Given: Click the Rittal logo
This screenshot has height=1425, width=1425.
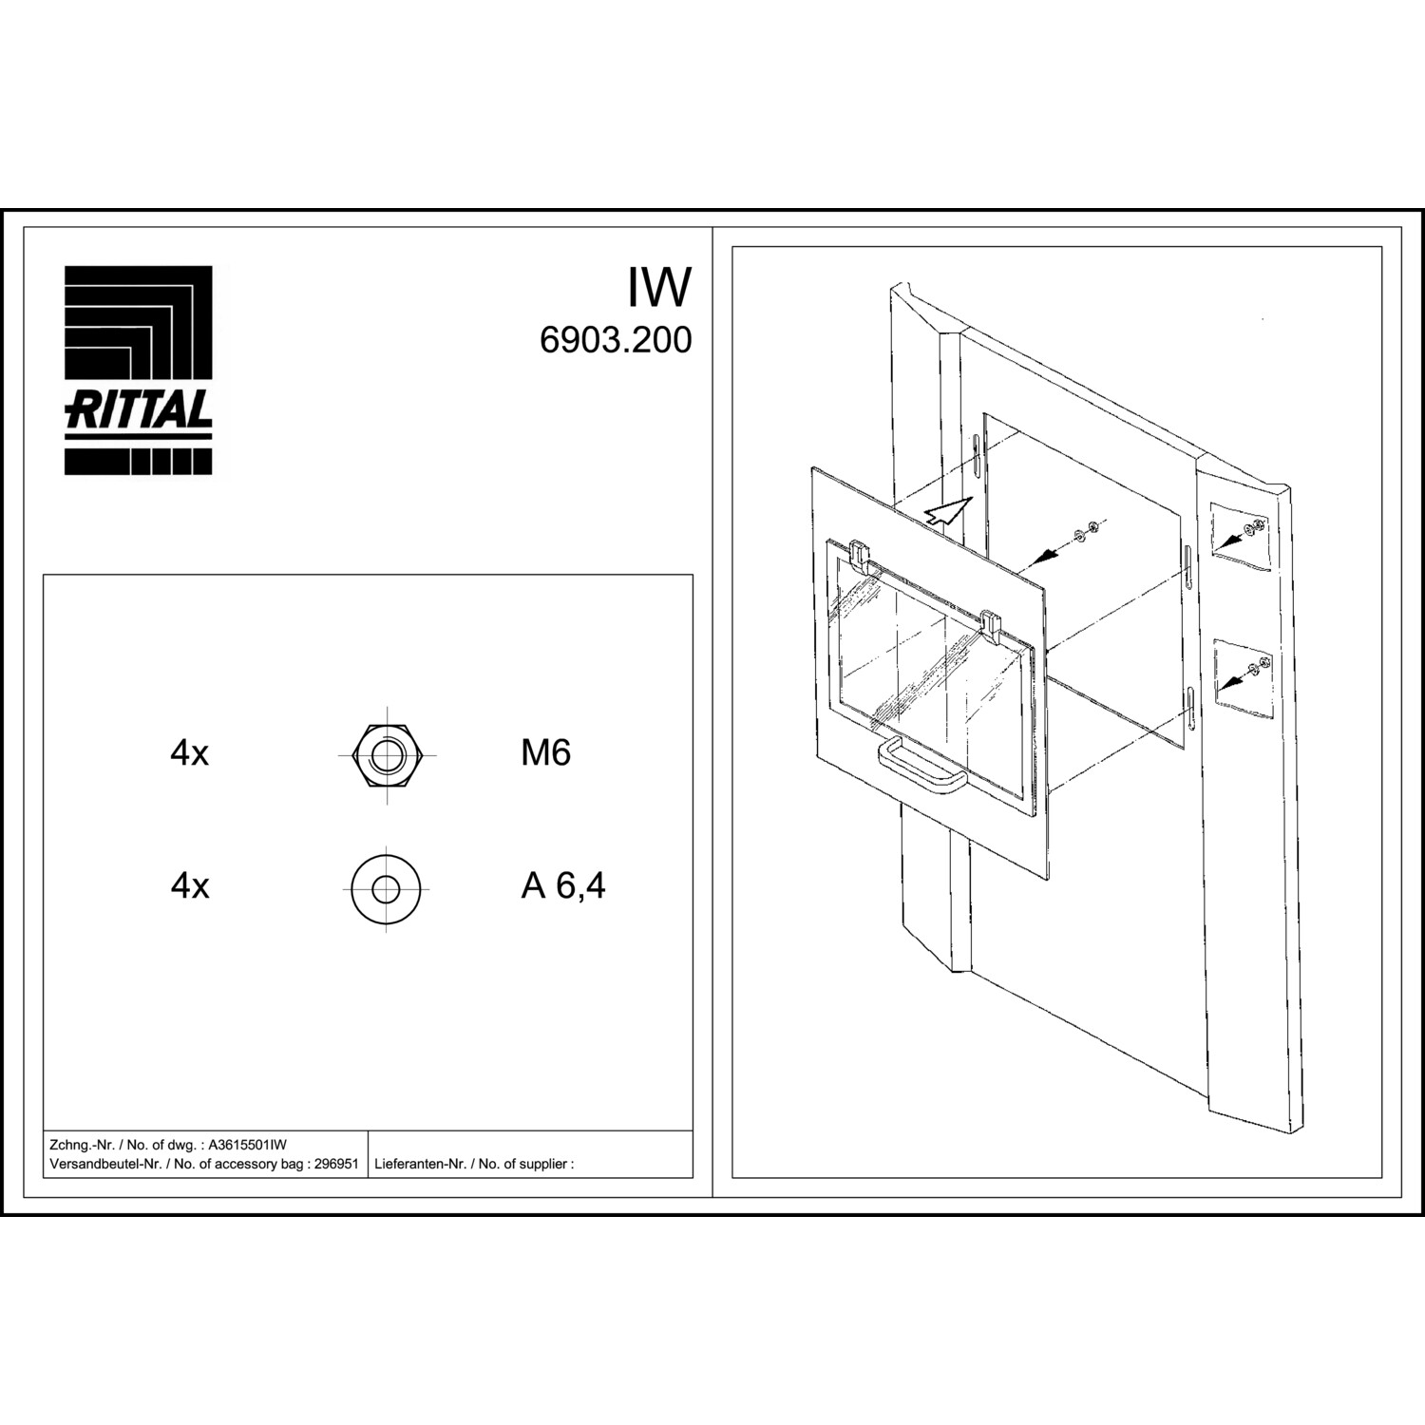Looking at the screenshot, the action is [139, 370].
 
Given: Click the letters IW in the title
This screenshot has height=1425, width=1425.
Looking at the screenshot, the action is [658, 287].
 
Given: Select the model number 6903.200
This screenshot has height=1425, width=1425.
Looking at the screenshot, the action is [616, 340].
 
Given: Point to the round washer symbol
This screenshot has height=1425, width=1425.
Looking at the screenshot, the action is [386, 889].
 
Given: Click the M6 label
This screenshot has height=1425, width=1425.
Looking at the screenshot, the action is [546, 753].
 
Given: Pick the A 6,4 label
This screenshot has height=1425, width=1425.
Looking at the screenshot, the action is [563, 886].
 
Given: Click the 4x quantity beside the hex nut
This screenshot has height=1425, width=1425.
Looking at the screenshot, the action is [190, 753].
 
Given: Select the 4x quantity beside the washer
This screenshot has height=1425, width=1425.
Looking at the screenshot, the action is [190, 886].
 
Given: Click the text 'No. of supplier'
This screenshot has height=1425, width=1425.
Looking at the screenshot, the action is [522, 1164].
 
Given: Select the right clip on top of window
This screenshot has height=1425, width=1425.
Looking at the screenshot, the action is [991, 624].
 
